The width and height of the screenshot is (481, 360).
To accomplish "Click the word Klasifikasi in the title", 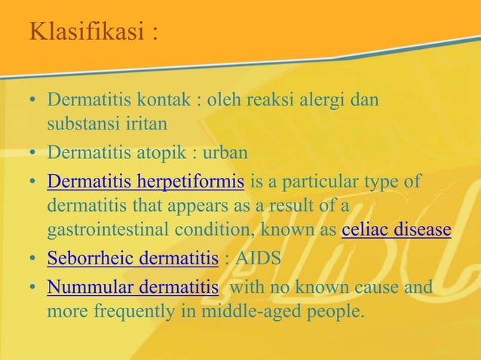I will click(84, 32).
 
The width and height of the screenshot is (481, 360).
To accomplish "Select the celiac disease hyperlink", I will click(396, 230).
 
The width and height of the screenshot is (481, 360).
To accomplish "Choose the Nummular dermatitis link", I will click(133, 287).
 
